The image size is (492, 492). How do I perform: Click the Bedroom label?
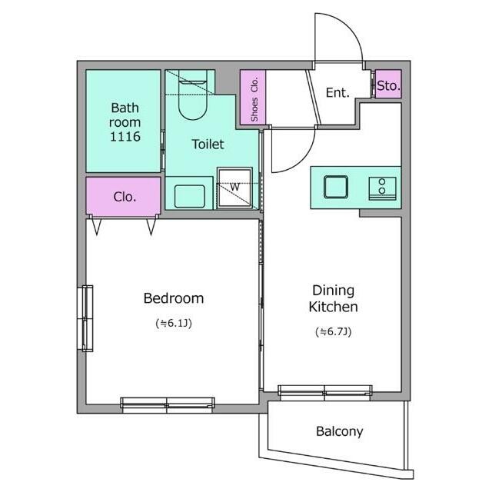(174, 298)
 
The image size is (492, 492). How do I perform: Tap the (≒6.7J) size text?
(333, 331)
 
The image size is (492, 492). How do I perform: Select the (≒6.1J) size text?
(174, 323)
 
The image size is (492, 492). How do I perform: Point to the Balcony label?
(340, 432)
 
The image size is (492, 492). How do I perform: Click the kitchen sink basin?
(336, 187)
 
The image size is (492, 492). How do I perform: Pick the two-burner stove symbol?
(382, 188)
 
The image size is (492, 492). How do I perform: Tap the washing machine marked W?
(234, 188)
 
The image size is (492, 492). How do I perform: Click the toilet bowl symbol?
(193, 95)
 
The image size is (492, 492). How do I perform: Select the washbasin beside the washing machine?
(190, 197)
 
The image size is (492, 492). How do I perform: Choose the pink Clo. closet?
(124, 197)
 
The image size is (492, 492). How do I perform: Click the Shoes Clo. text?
(254, 99)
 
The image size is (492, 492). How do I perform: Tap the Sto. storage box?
(388, 84)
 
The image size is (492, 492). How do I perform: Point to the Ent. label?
(337, 93)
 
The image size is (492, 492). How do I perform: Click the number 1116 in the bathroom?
(125, 137)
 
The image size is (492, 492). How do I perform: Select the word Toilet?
(208, 145)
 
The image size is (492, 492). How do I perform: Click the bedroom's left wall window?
(85, 318)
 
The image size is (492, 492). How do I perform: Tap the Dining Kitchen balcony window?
(325, 391)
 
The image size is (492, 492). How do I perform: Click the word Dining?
(333, 291)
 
